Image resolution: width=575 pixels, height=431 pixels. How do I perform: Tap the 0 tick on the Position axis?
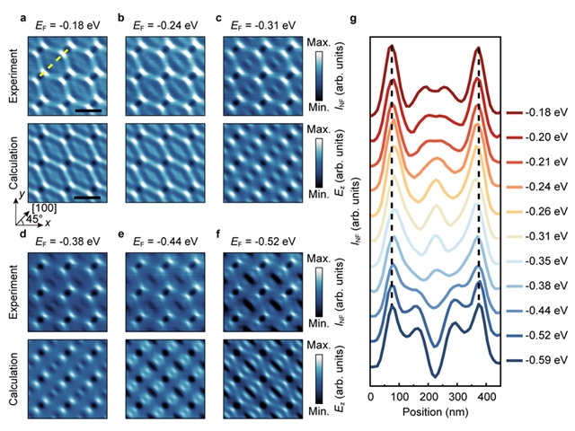tap(372, 396)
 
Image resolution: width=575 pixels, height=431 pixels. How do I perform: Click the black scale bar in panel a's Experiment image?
tap(87, 111)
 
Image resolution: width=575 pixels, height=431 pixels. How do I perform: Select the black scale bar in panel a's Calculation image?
tap(87, 194)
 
